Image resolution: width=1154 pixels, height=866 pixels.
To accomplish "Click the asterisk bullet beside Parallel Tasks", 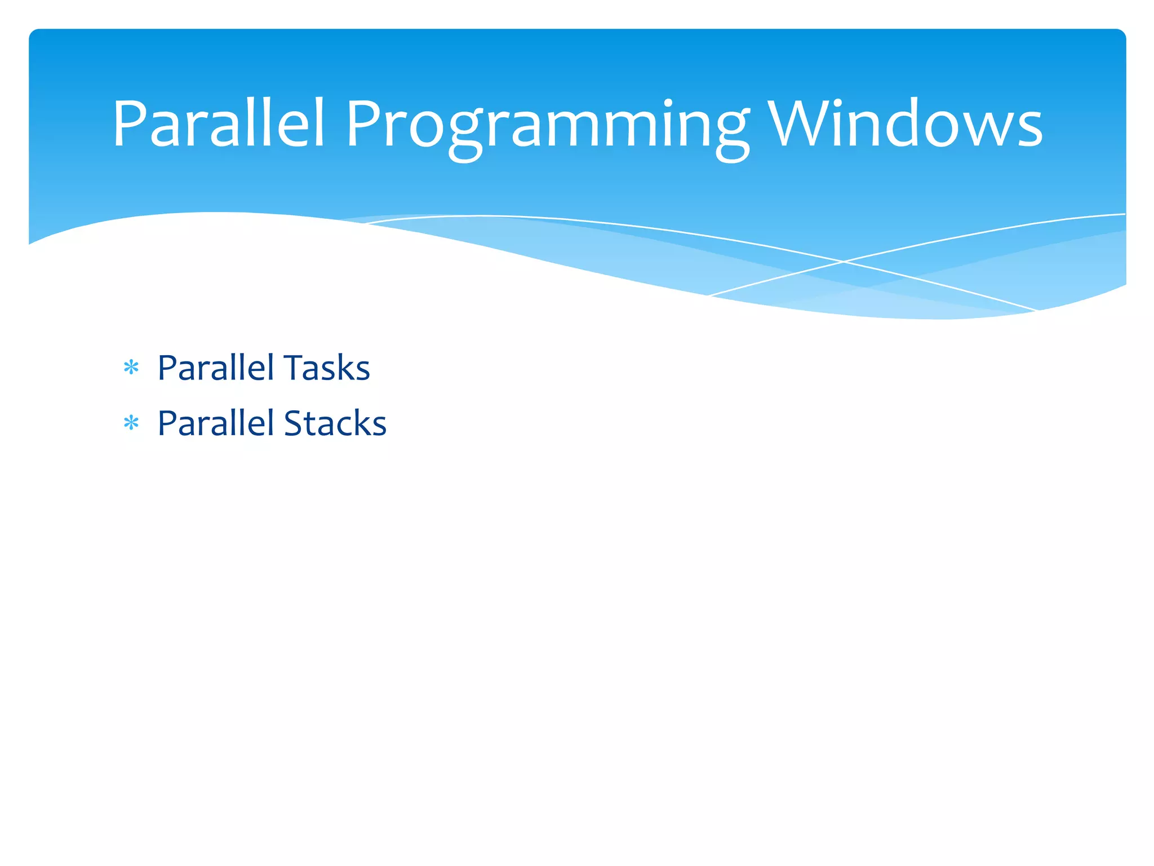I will tap(131, 368).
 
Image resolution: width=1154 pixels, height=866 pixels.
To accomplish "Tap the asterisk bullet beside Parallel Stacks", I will tap(131, 423).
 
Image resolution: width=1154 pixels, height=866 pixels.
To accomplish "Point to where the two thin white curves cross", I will tap(844, 262).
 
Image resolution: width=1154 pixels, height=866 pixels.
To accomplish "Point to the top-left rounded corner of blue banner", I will tap(34, 34).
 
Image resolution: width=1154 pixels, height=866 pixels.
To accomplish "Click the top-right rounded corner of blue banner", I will tap(1120, 34).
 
